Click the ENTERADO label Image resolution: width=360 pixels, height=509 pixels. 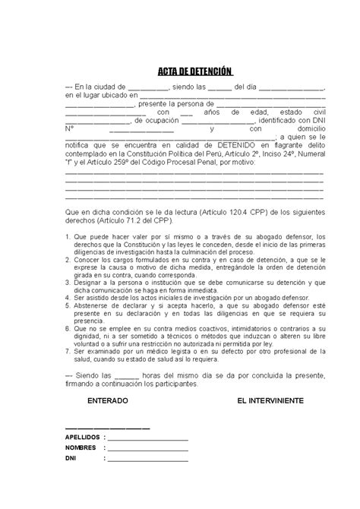pos(108,399)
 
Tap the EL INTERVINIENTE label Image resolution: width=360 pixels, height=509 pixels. pos(270,399)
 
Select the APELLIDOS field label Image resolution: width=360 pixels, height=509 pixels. pos(82,438)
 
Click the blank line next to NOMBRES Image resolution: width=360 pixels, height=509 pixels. pos(148,450)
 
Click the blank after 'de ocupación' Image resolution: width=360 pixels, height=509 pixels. pos(226,121)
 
